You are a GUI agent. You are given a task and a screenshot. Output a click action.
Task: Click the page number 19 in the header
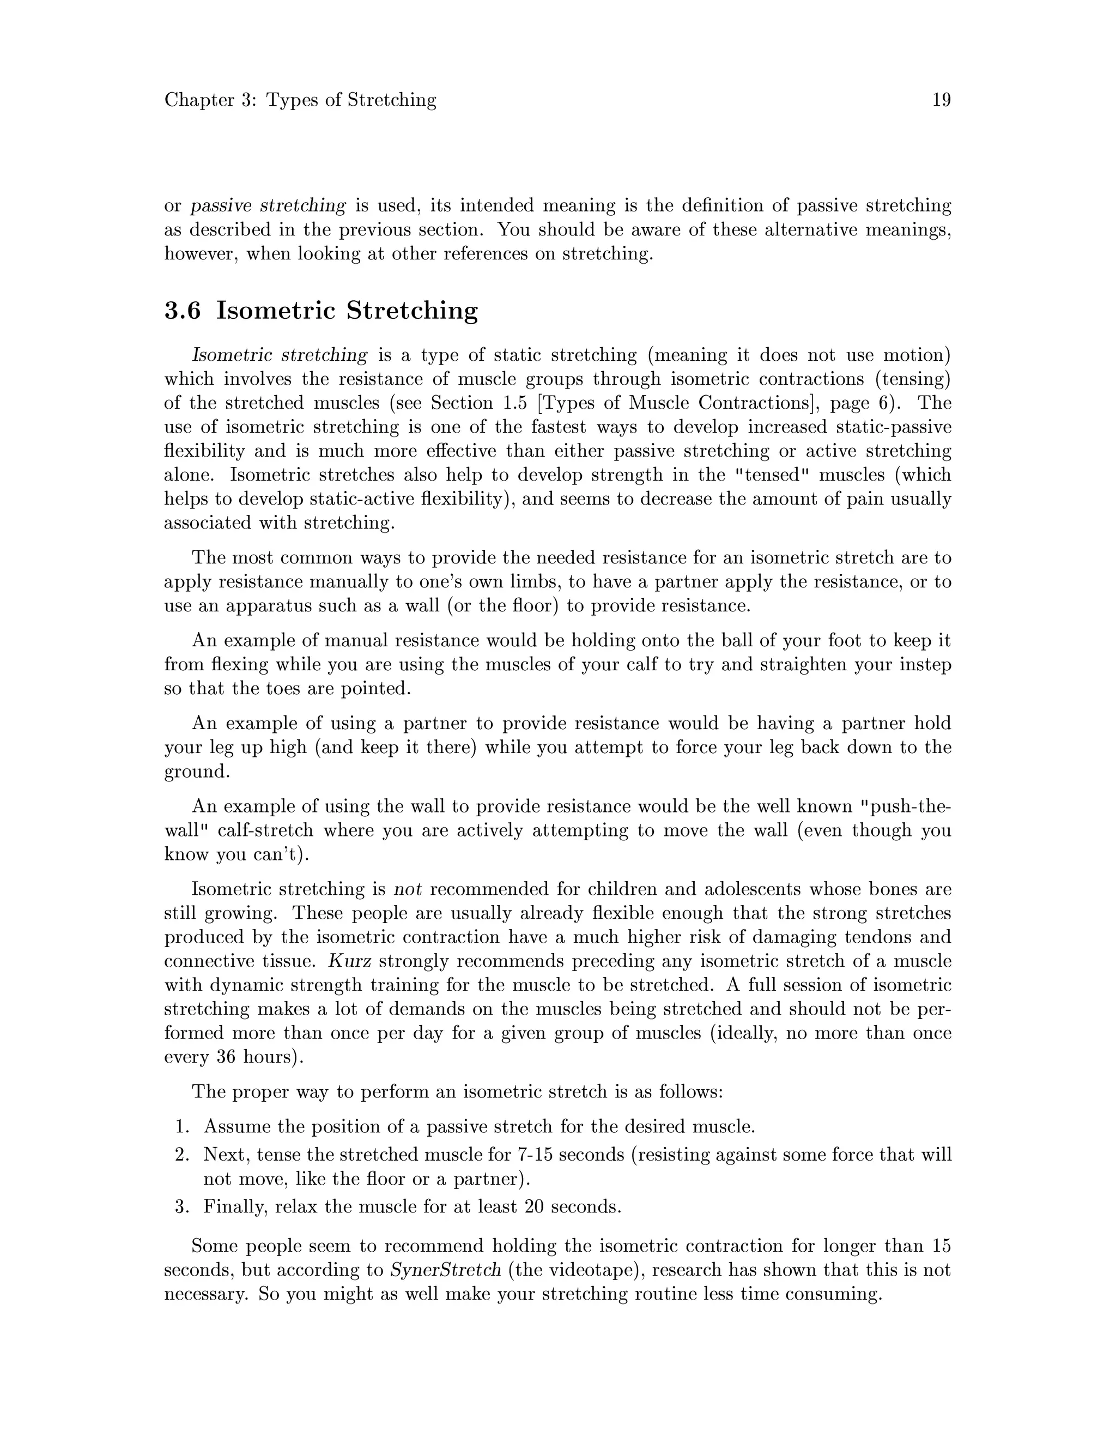941,100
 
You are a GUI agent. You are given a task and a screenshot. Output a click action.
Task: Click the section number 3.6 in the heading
183,310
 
